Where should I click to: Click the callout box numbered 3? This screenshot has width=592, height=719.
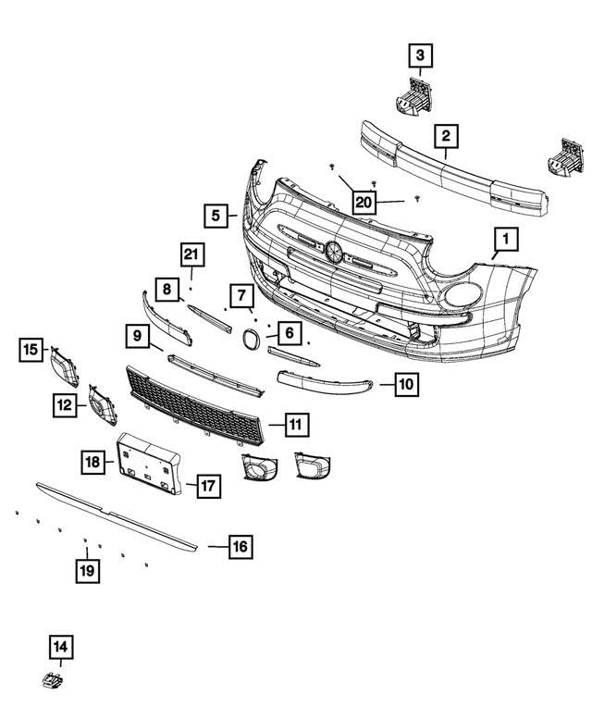[420, 57]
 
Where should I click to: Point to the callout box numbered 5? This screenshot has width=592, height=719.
[216, 216]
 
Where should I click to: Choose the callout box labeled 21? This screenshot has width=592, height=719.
[191, 254]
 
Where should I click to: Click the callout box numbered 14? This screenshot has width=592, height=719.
[61, 647]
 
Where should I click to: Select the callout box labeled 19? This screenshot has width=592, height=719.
[87, 570]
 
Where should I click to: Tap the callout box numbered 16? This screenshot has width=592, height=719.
[240, 547]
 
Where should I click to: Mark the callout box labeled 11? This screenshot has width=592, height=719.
[295, 426]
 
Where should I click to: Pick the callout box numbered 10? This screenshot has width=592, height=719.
[407, 382]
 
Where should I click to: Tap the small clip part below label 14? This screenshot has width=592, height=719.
[53, 682]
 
